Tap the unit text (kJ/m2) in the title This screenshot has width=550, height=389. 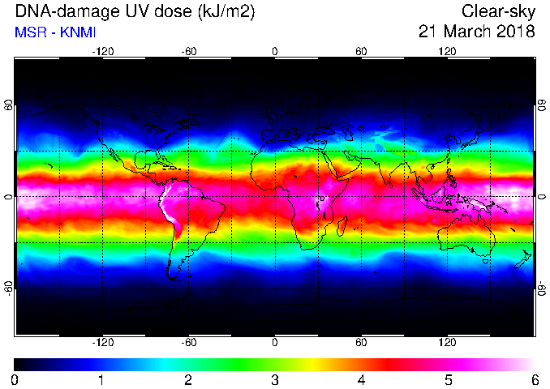coord(226,13)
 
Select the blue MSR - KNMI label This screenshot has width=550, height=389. coord(55,32)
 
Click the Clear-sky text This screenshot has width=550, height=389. coord(498,12)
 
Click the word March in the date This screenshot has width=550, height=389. coord(466,32)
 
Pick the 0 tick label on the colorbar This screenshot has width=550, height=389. coord(15,379)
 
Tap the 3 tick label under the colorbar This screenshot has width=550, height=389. coord(275,379)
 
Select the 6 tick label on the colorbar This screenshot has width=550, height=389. coord(535,379)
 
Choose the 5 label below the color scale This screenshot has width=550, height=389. coord(449,379)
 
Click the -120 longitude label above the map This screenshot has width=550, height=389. coord(103,52)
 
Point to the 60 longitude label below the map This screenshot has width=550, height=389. coord(361,342)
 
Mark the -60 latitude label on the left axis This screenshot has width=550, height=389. coord(9,287)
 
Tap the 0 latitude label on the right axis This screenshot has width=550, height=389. coord(541,197)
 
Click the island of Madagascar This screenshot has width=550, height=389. coord(342,225)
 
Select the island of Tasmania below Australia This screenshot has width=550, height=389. coord(486,261)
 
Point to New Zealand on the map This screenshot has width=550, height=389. coord(523,259)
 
